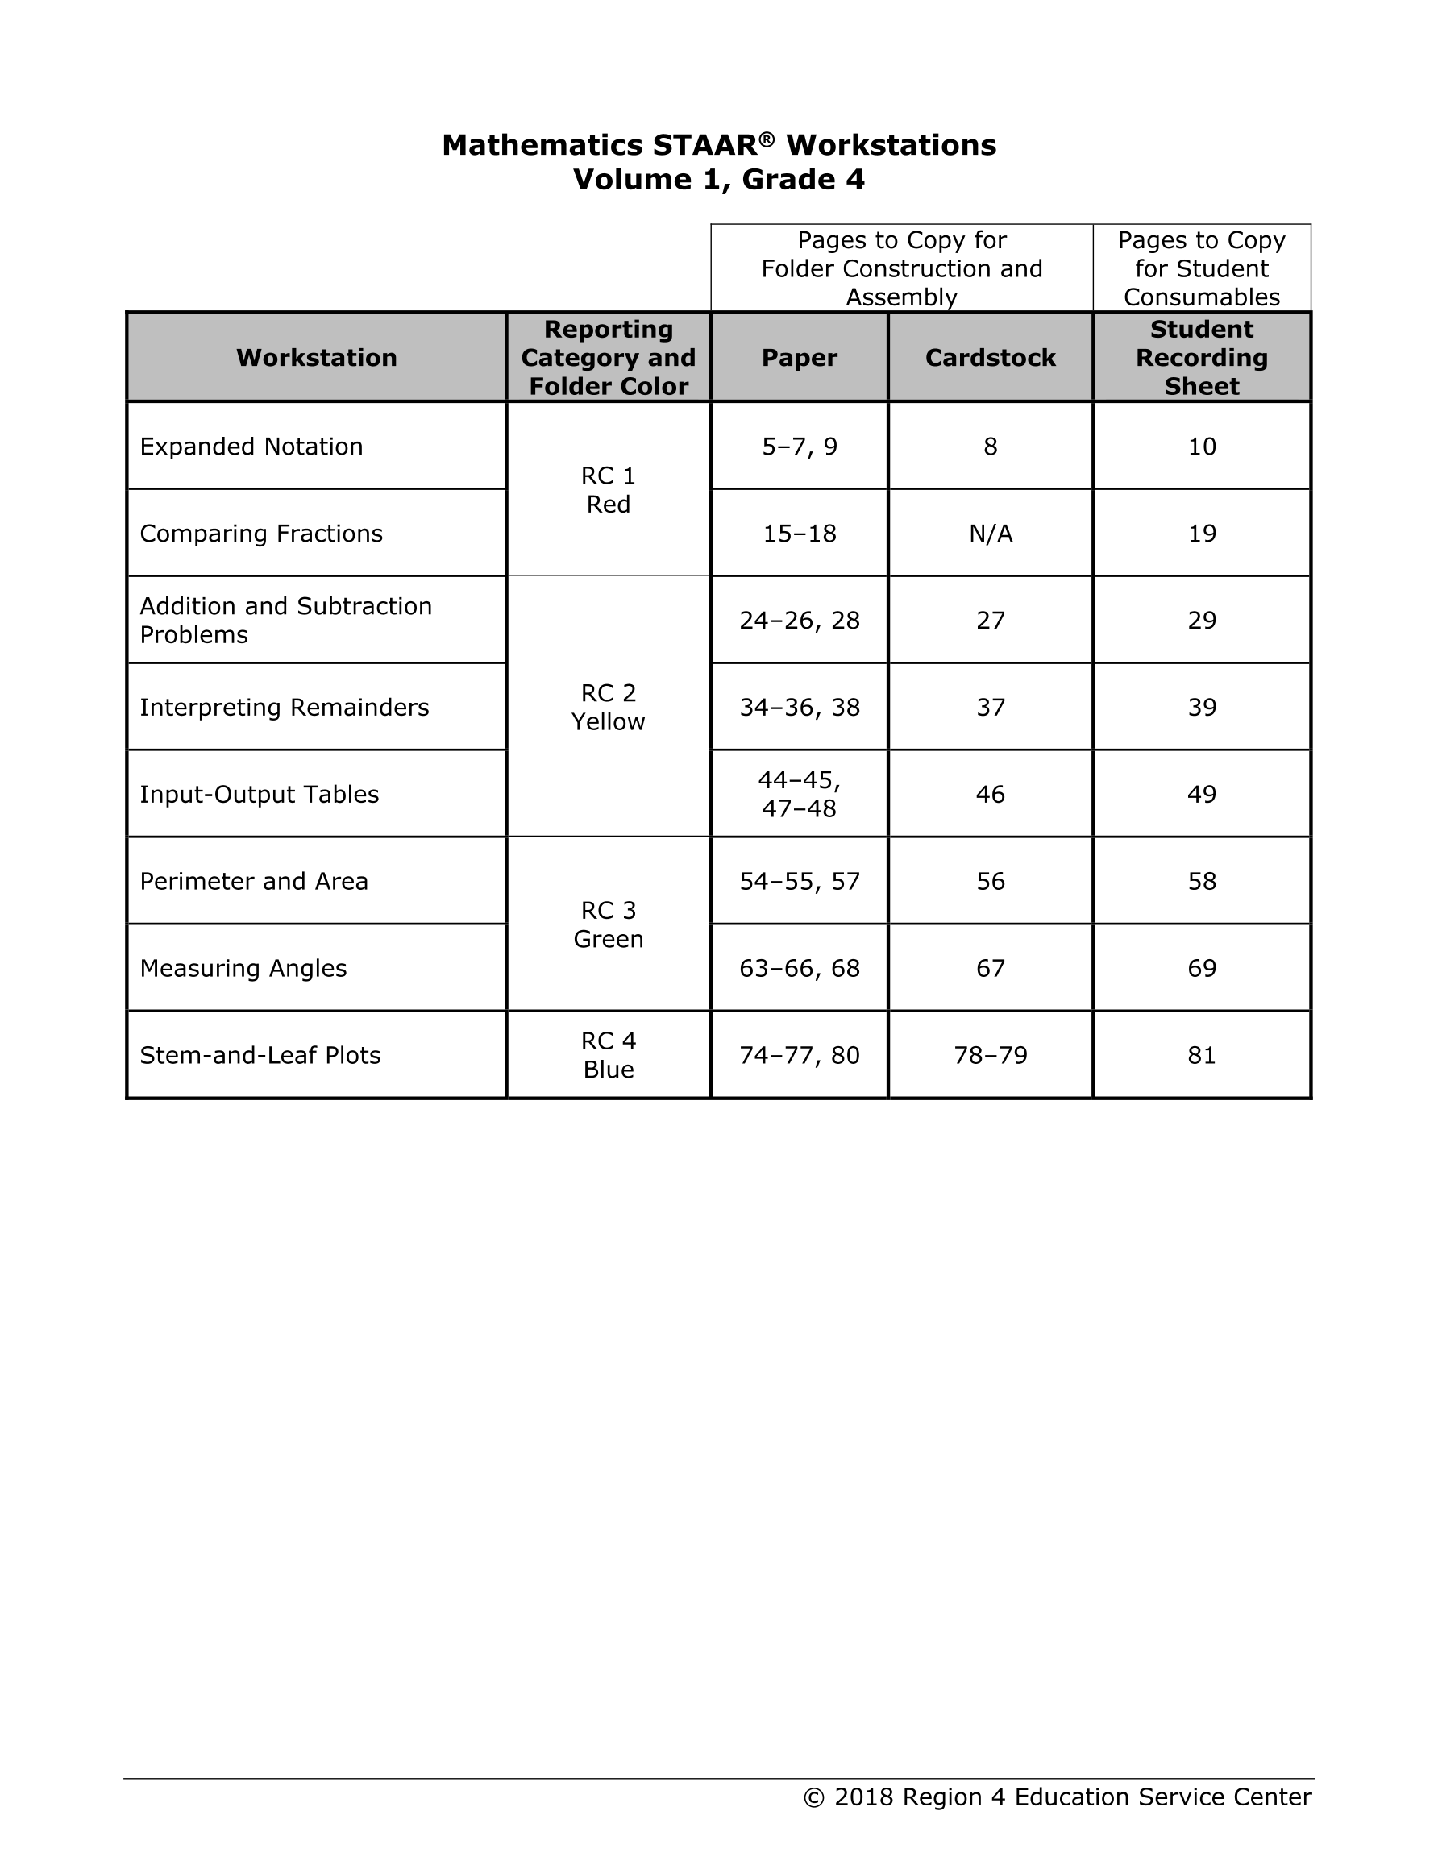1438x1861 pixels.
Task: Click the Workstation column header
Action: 316,358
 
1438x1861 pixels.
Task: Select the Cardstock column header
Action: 990,358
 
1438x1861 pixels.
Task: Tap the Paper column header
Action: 799,358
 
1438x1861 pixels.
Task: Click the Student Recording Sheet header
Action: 1201,358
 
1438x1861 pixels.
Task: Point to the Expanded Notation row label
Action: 251,447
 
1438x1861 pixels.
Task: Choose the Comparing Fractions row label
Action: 261,534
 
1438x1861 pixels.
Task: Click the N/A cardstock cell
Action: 991,534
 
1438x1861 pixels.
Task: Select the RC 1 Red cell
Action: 608,490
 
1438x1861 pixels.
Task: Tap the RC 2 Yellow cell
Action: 608,708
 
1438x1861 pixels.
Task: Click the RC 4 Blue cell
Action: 608,1055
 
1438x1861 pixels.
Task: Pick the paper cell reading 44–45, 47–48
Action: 799,794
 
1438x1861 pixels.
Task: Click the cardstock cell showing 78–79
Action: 991,1056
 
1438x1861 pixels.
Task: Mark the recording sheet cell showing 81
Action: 1202,1056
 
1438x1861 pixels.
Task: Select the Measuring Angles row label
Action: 243,968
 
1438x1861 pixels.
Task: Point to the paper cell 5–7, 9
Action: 799,447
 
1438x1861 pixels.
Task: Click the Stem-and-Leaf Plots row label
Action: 260,1056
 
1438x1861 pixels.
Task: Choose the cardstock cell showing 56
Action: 991,881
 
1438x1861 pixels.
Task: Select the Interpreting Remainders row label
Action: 284,708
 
